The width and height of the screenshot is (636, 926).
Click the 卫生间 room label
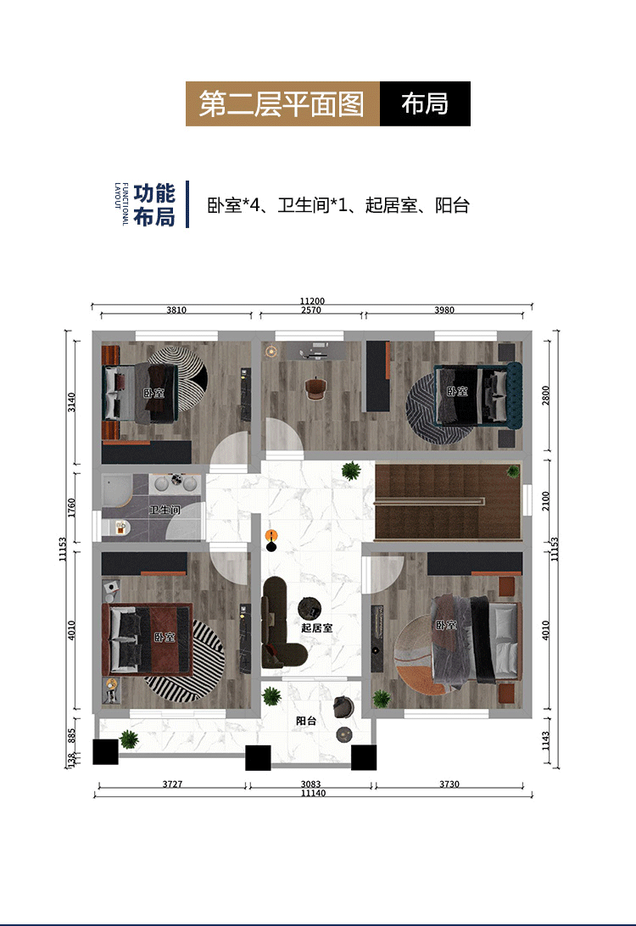point(165,510)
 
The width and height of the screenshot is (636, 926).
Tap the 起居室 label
point(316,628)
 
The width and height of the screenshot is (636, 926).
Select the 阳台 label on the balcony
point(306,721)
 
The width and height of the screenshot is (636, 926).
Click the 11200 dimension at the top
point(312,300)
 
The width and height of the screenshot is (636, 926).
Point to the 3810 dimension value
point(176,310)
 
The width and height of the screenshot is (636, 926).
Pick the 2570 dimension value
point(311,310)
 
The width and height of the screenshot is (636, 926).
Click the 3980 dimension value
point(444,310)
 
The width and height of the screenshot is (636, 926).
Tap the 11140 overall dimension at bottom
point(312,795)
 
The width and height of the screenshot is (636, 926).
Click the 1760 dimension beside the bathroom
point(72,508)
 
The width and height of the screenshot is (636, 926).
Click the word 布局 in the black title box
point(425,103)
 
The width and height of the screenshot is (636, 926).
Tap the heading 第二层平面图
point(282,103)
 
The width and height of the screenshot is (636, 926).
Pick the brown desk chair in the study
point(315,388)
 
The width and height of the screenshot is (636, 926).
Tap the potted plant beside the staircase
point(349,470)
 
